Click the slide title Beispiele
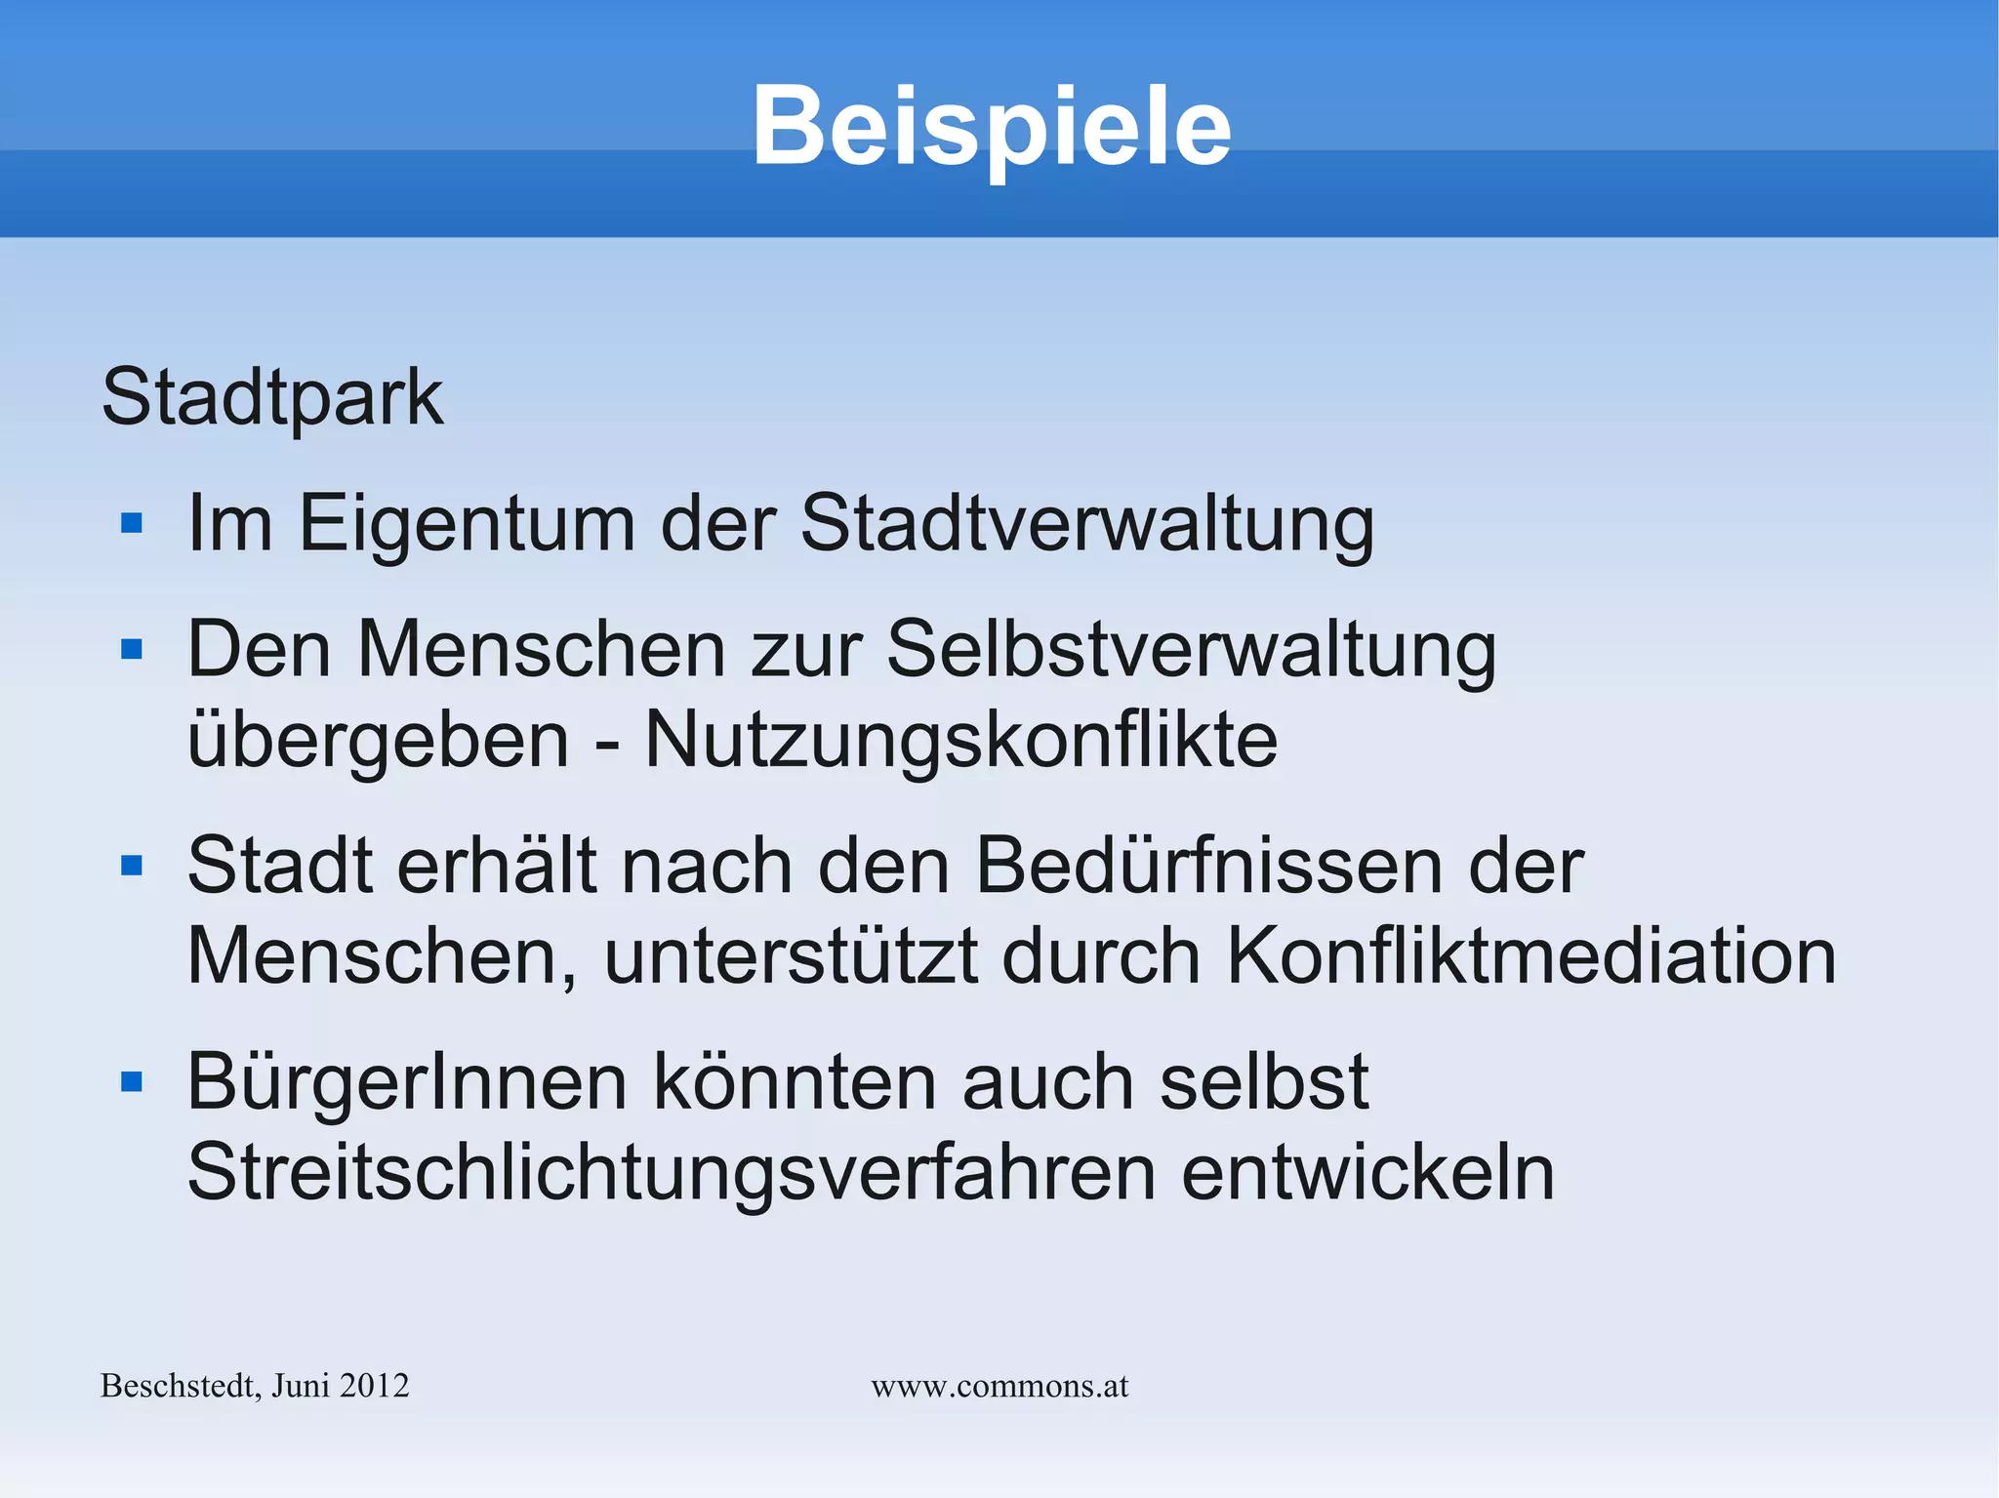pyautogui.click(x=991, y=127)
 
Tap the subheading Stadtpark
pyautogui.click(x=272, y=397)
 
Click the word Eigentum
pyautogui.click(x=467, y=524)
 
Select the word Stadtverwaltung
pyautogui.click(x=1086, y=524)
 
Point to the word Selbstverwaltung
pyautogui.click(x=1191, y=650)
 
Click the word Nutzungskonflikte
pyautogui.click(x=960, y=740)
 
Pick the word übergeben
pyautogui.click(x=378, y=740)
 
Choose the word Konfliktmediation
pyautogui.click(x=1530, y=955)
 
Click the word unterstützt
pyautogui.click(x=791, y=955)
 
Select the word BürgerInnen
pyautogui.click(x=407, y=1082)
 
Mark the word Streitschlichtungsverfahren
pyautogui.click(x=671, y=1172)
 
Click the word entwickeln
pyautogui.click(x=1367, y=1172)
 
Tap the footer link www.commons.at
pyautogui.click(x=999, y=1386)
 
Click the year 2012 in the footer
pyautogui.click(x=376, y=1386)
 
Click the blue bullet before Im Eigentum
pyautogui.click(x=132, y=524)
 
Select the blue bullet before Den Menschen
pyautogui.click(x=132, y=649)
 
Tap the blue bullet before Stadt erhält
pyautogui.click(x=132, y=866)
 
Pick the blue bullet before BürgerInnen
pyautogui.click(x=132, y=1081)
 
